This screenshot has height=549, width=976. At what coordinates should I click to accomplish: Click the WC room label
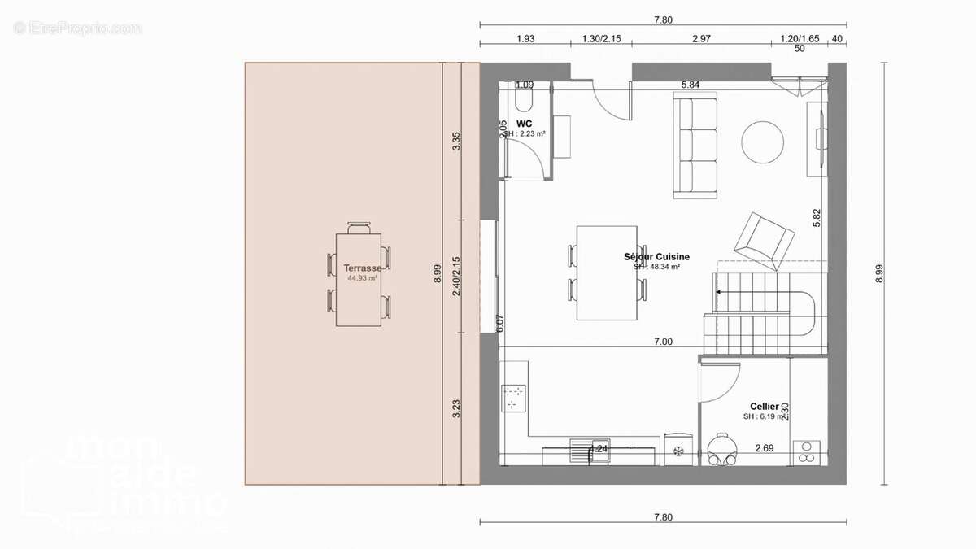[x=524, y=124]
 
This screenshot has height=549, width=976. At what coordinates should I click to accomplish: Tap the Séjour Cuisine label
[x=656, y=257]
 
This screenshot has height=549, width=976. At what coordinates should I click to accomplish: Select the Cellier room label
[x=764, y=406]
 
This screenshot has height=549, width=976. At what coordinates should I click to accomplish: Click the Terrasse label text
[x=362, y=268]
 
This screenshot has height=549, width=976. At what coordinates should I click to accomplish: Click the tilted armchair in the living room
[x=764, y=241]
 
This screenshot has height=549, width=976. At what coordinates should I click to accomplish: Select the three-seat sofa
[x=695, y=146]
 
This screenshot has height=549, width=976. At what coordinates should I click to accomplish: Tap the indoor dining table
[x=607, y=273]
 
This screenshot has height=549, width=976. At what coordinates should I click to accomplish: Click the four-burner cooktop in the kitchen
[x=514, y=397]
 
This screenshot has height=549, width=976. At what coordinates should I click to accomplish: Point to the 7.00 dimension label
[x=663, y=342]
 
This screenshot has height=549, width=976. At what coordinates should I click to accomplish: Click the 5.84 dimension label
[x=691, y=84]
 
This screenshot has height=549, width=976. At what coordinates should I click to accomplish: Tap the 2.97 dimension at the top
[x=700, y=39]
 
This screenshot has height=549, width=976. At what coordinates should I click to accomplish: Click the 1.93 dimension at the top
[x=525, y=39]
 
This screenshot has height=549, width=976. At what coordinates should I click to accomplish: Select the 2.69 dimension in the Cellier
[x=764, y=448]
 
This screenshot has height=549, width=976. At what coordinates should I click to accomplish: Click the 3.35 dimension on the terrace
[x=457, y=141]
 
